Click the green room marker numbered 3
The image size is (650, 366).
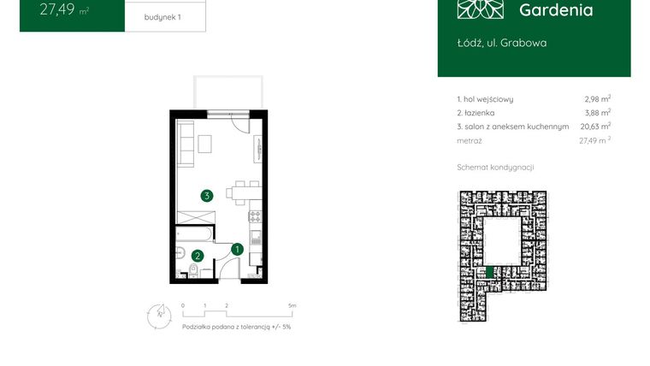[207, 196]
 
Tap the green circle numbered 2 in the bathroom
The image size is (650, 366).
[198, 255]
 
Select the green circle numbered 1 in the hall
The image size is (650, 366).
[238, 249]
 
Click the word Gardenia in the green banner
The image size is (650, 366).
[555, 10]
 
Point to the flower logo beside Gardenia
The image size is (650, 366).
[481, 9]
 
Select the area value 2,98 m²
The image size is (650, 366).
[597, 99]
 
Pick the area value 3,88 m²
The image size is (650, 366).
[597, 113]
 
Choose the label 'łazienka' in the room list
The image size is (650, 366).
[482, 113]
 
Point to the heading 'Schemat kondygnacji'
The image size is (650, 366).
[496, 167]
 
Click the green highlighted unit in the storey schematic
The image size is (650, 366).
[489, 272]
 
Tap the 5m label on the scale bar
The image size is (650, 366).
[292, 305]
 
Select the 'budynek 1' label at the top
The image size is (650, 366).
[162, 16]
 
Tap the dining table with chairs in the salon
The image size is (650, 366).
[245, 192]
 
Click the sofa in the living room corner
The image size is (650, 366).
[186, 145]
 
